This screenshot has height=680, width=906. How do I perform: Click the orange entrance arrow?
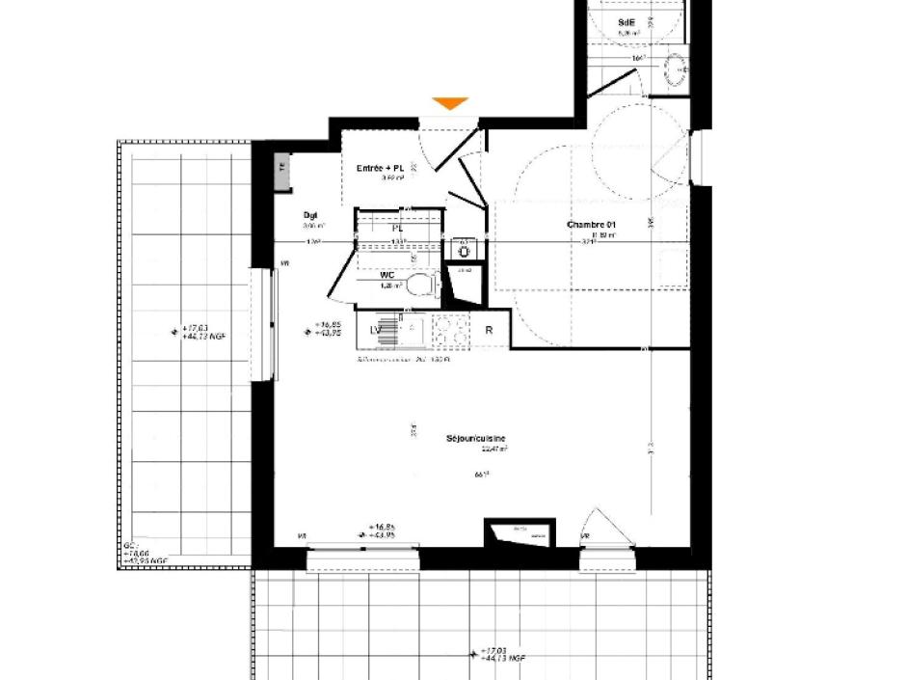pos(450,103)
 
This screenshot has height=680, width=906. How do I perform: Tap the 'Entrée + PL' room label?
pos(381,168)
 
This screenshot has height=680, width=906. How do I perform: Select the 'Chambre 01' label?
pos(591,225)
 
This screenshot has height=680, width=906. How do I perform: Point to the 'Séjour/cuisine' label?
pos(475,439)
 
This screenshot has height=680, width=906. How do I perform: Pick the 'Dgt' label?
pos(310,215)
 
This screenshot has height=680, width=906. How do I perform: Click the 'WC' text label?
pos(388,275)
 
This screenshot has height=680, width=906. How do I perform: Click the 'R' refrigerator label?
pos(490,331)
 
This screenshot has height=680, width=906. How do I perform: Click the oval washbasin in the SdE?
pos(676,68)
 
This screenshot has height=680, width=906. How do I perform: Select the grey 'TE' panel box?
pos(281,168)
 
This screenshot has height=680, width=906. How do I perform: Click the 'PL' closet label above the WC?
pos(396,229)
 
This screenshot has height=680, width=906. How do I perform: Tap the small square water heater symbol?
pos(465,251)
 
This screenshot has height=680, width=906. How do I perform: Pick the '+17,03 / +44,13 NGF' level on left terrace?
pos(202,331)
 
